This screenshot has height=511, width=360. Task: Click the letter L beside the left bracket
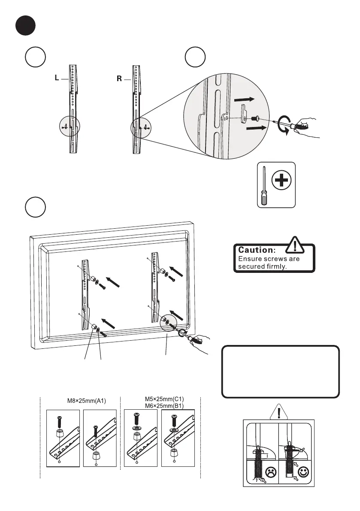click(x=57, y=79)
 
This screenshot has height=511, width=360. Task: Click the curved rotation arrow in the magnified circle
click(x=282, y=124)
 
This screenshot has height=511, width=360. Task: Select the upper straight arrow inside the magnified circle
click(x=245, y=99)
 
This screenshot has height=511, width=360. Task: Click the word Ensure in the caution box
click(x=249, y=259)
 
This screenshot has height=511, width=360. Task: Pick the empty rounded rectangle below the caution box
click(x=280, y=372)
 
